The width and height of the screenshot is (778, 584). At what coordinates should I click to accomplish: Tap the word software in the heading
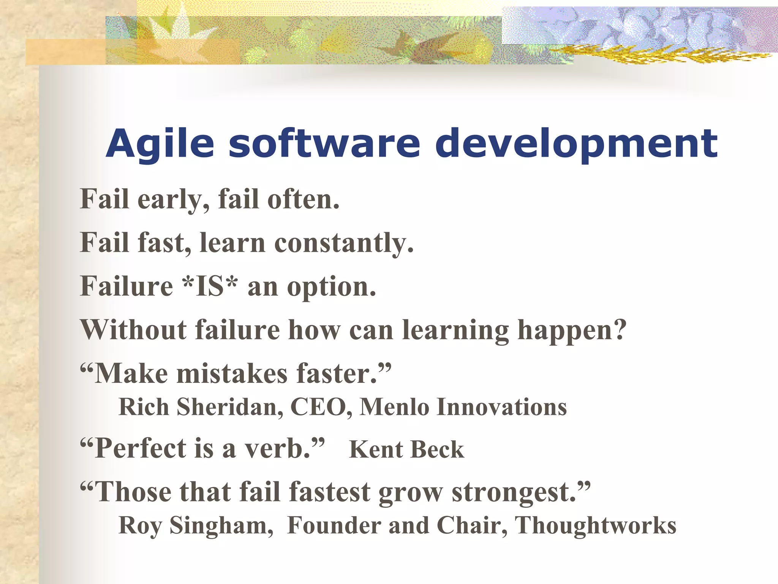click(324, 144)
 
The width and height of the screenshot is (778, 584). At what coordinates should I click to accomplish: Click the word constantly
click(343, 243)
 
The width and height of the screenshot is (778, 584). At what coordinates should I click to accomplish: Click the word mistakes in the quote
click(232, 373)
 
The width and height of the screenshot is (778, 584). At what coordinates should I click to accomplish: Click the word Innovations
click(501, 407)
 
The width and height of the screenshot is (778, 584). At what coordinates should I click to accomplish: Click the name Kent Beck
click(406, 450)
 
